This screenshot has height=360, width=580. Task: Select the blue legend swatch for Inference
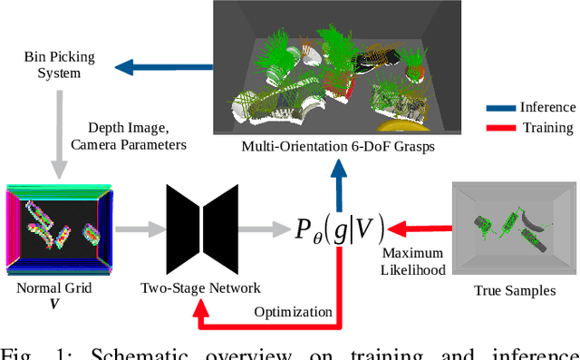pos(502,108)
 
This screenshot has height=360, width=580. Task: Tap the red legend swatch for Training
pos(502,128)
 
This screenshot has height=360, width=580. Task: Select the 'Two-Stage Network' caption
pos(200,288)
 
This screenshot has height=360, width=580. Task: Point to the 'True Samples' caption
pos(514,290)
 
